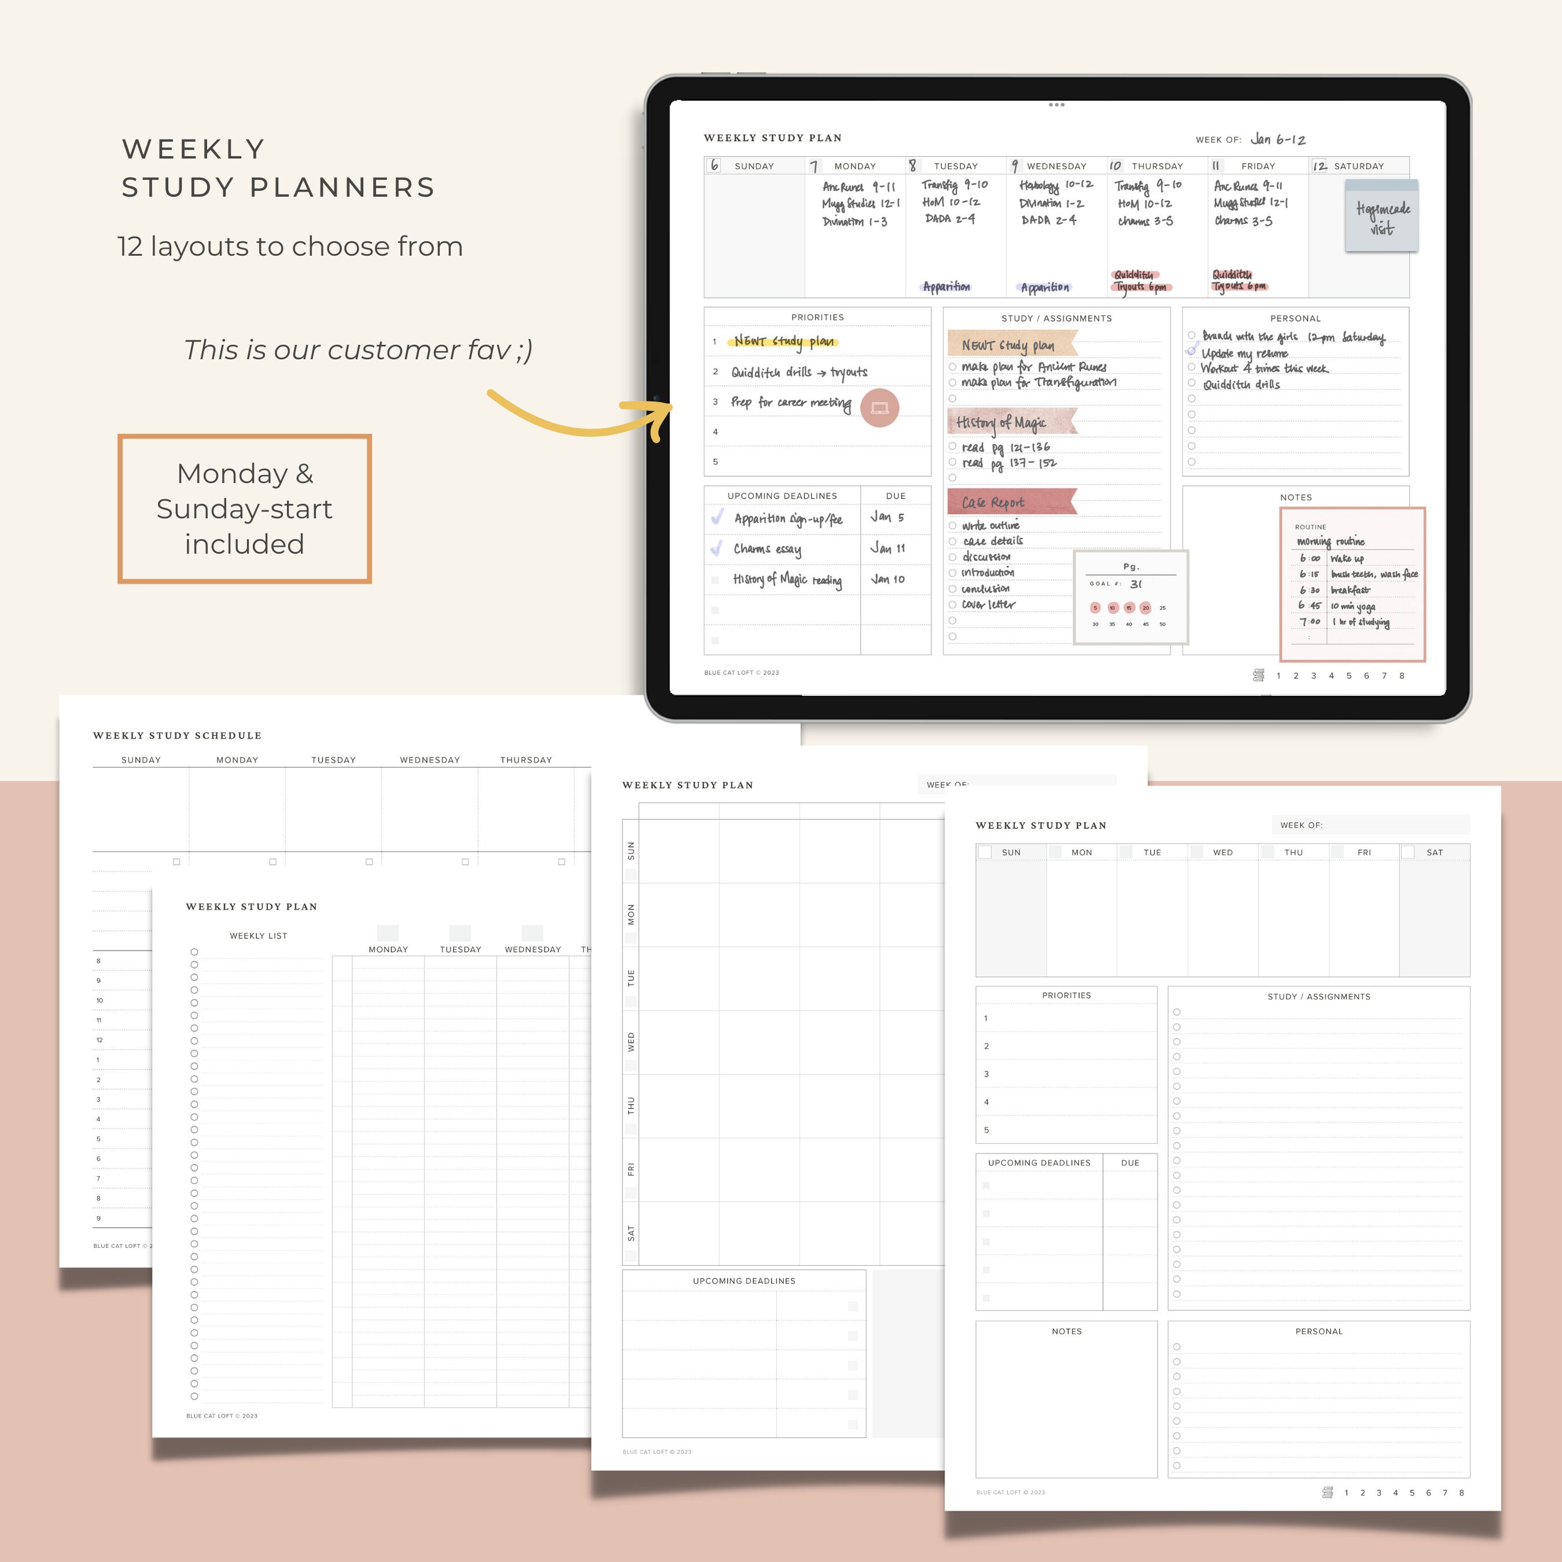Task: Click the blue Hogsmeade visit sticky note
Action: [1382, 216]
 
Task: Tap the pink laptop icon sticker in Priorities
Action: [879, 407]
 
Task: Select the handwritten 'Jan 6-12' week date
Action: [1278, 139]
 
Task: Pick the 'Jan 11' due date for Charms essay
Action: [887, 548]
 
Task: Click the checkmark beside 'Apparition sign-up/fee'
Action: [716, 517]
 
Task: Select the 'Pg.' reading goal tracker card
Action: [1130, 596]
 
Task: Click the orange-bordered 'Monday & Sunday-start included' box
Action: [244, 509]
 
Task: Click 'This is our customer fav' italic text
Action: [358, 349]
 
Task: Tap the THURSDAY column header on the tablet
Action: [1156, 165]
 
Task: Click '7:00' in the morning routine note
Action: [1310, 622]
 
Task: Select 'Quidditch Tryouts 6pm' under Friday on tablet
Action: [1239, 281]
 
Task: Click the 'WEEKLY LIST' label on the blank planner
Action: [258, 935]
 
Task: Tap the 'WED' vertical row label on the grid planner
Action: [631, 1041]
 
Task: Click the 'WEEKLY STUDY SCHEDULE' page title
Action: [177, 735]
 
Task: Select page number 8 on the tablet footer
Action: [1402, 676]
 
